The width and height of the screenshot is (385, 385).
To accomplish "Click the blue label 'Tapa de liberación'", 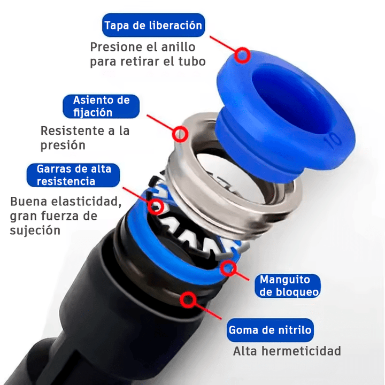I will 153,25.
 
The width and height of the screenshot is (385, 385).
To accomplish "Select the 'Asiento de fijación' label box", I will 101,106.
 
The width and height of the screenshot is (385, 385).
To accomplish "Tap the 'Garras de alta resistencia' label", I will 73,175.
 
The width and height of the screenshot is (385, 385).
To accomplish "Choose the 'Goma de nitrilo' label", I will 269,330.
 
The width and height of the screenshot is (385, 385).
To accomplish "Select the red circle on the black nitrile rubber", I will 188,300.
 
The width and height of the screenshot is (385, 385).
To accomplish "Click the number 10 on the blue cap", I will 332,140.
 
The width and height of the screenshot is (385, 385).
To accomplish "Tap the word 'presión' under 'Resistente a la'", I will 63,145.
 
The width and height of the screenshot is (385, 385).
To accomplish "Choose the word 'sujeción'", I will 35,230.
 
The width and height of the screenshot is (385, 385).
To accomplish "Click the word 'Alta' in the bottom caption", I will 245,351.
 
